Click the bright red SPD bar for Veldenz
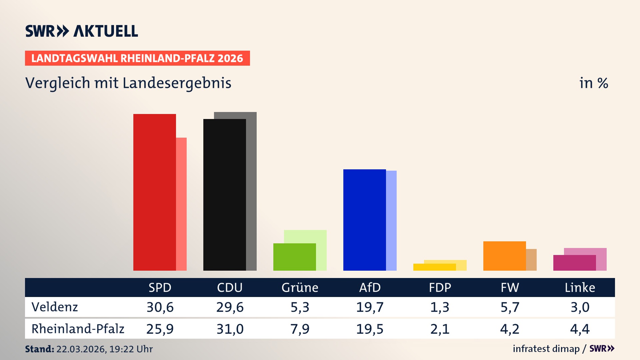154,192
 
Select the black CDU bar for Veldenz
224,195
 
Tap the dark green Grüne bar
294,257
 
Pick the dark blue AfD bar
364,220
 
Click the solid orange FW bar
504,256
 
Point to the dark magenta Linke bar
574,263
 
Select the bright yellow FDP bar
434,267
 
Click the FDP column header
440,287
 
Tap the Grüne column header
300,287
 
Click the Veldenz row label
55,307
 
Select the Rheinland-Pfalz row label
78,329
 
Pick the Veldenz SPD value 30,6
160,307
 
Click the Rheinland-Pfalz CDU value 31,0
230,329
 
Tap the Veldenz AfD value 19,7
370,307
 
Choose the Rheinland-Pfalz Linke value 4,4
580,329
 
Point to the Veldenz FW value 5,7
510,307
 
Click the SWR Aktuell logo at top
82,31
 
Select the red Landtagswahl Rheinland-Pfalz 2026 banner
137,58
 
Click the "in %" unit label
593,83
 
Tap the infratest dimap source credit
546,349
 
